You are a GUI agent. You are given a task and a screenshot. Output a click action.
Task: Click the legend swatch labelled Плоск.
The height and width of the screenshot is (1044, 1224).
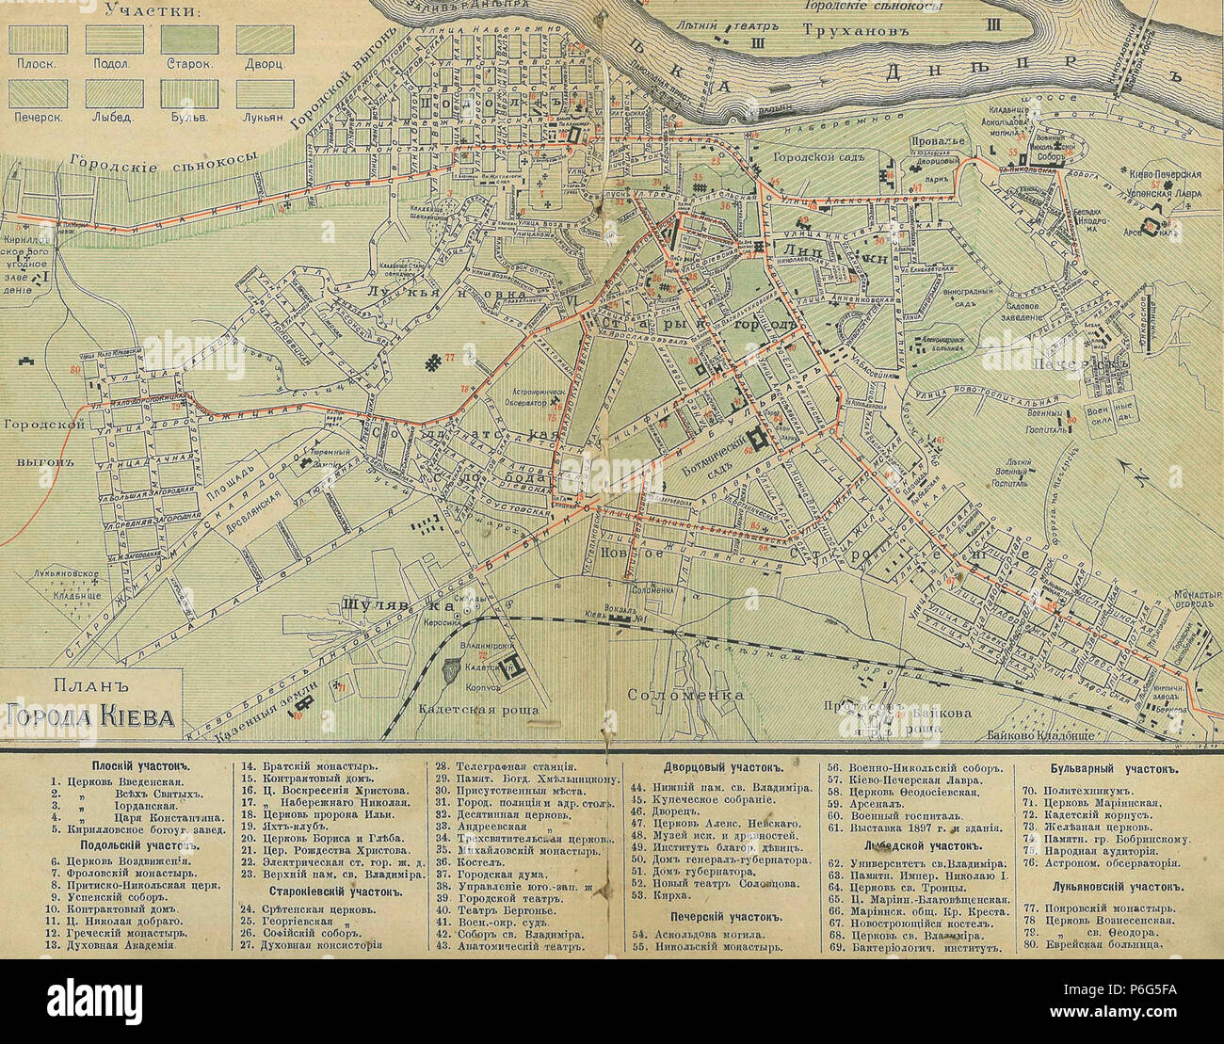click(x=37, y=38)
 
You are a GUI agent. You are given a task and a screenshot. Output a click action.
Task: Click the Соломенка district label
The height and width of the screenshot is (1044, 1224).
click(x=684, y=696)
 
